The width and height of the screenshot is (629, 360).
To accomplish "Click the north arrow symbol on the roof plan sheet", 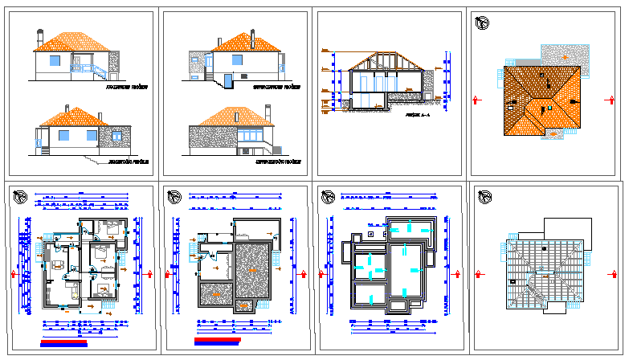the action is (x=482, y=26).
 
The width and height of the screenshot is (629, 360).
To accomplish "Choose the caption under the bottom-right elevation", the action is (x=278, y=162).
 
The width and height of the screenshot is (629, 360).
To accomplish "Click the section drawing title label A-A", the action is (x=418, y=116).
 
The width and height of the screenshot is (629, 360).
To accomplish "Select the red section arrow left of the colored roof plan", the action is (x=478, y=100).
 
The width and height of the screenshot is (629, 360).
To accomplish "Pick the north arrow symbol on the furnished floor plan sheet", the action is (x=22, y=196).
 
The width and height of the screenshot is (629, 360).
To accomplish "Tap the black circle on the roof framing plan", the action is (x=545, y=249).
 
